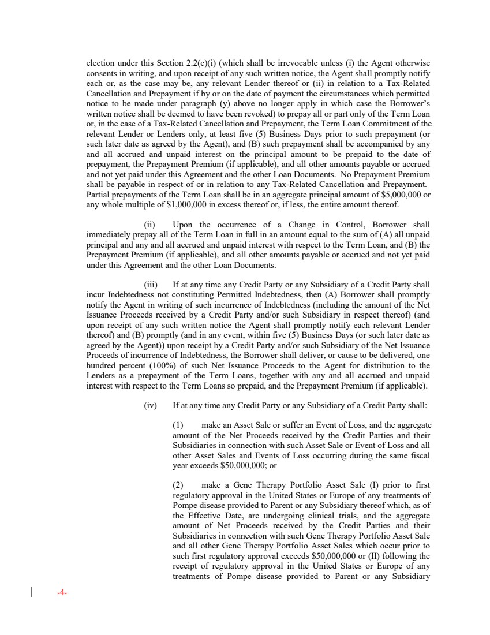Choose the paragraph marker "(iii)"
(150, 285)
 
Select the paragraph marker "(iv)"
(150, 406)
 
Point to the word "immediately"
(107, 233)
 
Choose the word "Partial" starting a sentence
(98, 195)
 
